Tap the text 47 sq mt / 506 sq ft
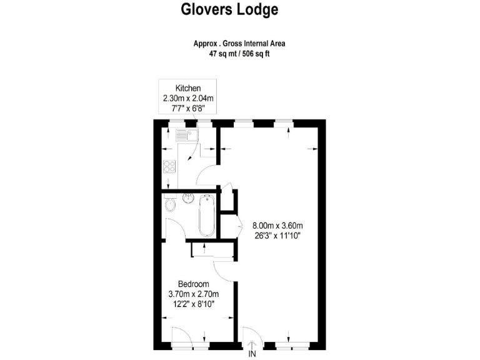click(239, 54)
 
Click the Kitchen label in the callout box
click(187, 87)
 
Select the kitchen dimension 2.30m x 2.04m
click(187, 98)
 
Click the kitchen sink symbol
click(187, 134)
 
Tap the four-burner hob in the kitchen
click(169, 166)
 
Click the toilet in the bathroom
click(169, 206)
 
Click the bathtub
click(206, 216)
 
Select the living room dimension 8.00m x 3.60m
click(277, 226)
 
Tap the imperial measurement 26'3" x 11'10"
click(277, 236)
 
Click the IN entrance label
click(252, 354)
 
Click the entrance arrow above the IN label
click(252, 344)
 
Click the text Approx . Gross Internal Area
click(239, 44)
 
